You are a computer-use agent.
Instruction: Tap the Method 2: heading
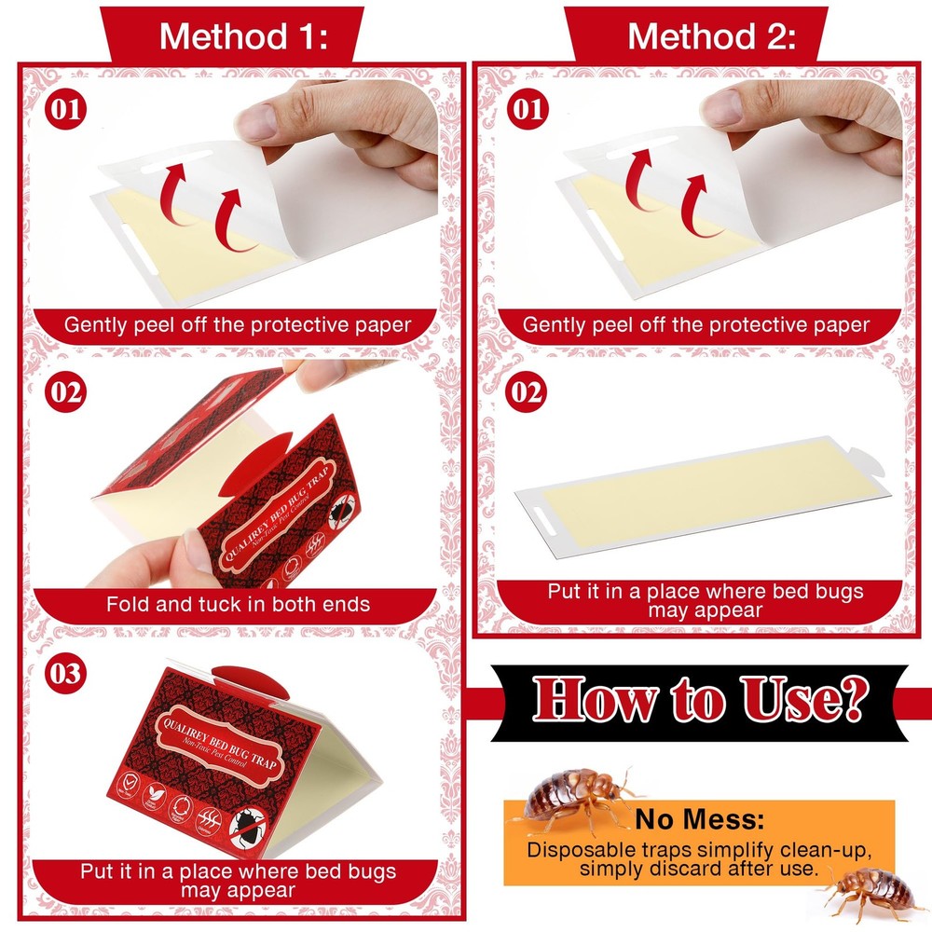click(x=712, y=36)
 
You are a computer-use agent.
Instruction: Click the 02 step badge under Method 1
click(x=65, y=391)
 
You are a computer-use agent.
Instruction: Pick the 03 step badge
click(x=65, y=673)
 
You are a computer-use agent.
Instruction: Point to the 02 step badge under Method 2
click(x=527, y=391)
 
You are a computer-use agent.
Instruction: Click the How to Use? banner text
click(x=699, y=701)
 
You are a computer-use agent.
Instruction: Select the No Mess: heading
click(x=699, y=820)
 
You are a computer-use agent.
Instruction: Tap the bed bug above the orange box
click(x=573, y=797)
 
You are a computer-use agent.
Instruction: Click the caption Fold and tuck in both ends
click(x=238, y=604)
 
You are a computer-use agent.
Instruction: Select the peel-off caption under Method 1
click(x=238, y=325)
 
